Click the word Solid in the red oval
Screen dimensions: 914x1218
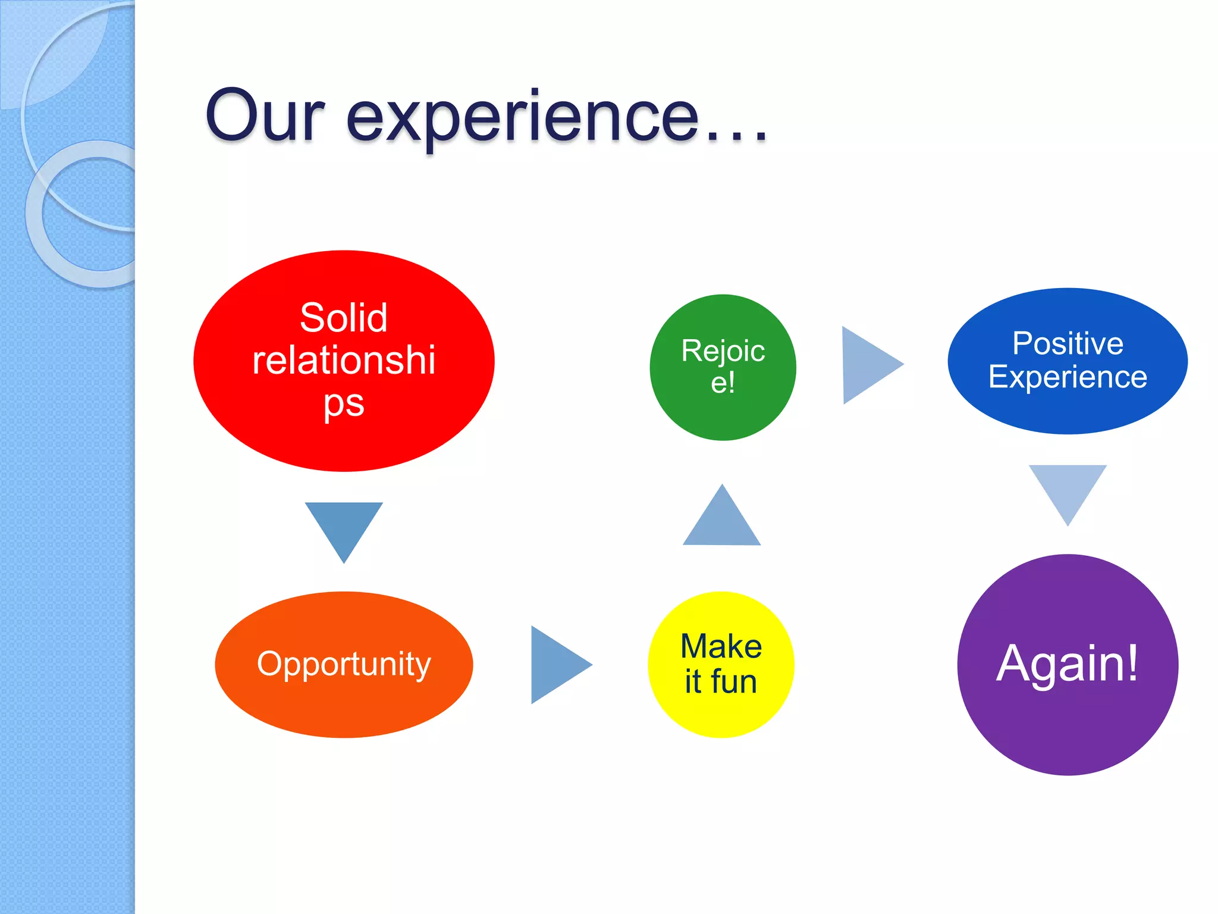344,318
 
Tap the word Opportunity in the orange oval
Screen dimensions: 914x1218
344,664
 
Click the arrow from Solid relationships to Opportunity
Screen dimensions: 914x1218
344,527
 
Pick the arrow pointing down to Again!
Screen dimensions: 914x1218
1068,489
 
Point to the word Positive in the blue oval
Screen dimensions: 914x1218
1068,343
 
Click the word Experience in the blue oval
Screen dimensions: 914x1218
1068,377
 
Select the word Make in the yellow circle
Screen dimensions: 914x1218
721,646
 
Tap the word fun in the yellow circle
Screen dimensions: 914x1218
734,682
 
